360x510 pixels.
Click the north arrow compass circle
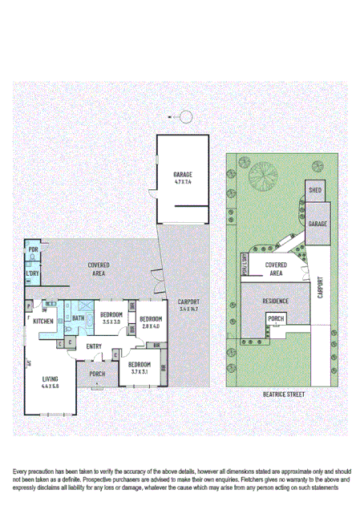click(x=186, y=118)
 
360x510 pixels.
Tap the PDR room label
click(x=33, y=250)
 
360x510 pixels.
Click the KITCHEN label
click(x=43, y=322)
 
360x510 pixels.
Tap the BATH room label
click(x=78, y=318)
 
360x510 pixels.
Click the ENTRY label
click(x=94, y=346)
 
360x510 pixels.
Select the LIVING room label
click(x=51, y=379)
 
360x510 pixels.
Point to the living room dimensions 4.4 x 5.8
click(x=51, y=387)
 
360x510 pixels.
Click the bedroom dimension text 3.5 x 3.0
click(x=111, y=322)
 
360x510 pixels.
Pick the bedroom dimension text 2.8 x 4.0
click(x=151, y=327)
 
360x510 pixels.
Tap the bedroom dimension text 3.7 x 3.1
click(x=140, y=372)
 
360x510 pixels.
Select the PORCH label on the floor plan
click(x=97, y=374)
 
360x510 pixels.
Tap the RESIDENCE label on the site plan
click(x=276, y=302)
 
